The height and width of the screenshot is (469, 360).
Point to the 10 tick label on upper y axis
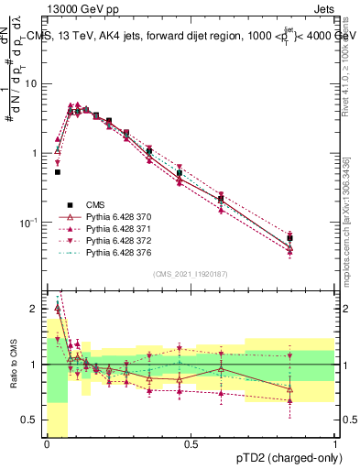point(32,83)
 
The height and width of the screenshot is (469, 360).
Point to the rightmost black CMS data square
point(289,238)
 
